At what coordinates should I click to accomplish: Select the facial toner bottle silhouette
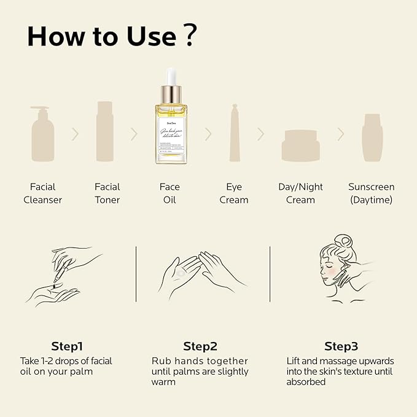click(105, 132)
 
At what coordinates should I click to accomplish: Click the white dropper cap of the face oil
click(171, 76)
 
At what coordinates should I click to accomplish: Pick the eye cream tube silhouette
click(235, 133)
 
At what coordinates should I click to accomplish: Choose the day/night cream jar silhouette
click(300, 145)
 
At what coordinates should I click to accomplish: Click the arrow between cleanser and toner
click(75, 134)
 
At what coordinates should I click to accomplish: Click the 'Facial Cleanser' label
click(42, 193)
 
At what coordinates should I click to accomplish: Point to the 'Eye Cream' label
click(234, 193)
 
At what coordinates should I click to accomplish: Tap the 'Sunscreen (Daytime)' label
click(371, 193)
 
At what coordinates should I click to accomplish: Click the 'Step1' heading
click(67, 346)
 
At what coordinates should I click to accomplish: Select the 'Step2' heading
click(200, 346)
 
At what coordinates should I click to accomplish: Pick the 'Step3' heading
click(341, 346)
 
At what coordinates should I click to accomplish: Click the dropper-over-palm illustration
click(66, 276)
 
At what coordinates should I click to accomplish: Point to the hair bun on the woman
click(346, 241)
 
